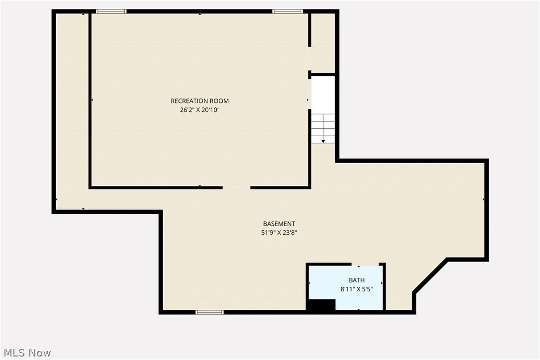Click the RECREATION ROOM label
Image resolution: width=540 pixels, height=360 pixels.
tap(200, 101)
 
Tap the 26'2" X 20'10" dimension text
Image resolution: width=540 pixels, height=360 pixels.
tap(200, 110)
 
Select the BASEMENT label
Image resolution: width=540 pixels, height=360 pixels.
tap(279, 224)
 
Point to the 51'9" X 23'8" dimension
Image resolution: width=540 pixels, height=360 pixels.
tap(279, 232)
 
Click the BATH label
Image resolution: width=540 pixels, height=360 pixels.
tap(357, 280)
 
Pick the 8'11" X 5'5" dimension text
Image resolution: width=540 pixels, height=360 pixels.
tap(357, 289)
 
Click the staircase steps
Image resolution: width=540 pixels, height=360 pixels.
tap(323, 128)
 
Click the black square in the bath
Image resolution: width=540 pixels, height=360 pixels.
tap(321, 305)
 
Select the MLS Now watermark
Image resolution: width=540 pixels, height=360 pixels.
tap(26, 353)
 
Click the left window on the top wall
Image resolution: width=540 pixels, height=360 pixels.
tap(111, 11)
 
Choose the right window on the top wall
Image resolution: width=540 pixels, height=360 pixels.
tap(288, 11)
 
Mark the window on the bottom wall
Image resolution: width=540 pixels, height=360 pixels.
tap(209, 312)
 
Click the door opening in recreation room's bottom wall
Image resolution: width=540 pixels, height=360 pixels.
tap(236, 187)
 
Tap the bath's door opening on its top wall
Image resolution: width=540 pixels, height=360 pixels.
tap(367, 264)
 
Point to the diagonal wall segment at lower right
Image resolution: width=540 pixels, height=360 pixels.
tap(430, 275)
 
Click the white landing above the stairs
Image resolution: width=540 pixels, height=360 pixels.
tap(323, 94)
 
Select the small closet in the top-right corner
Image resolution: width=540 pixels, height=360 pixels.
tap(323, 42)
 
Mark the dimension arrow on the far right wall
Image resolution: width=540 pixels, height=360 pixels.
tap(483, 199)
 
